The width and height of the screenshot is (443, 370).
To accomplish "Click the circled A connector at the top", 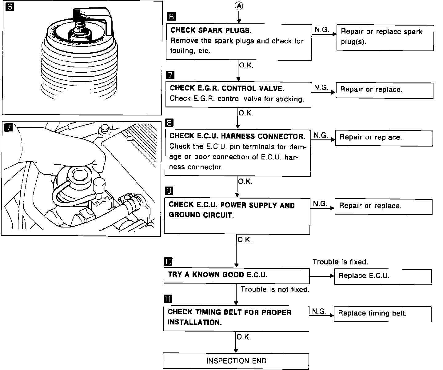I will (x=239, y=6).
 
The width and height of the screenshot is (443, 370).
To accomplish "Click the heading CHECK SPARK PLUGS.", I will (x=211, y=30).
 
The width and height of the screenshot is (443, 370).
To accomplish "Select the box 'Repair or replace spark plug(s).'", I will (x=385, y=37).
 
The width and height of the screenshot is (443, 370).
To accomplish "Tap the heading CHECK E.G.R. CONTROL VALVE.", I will (x=227, y=88).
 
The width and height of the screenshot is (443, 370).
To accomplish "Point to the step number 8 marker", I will (x=169, y=123).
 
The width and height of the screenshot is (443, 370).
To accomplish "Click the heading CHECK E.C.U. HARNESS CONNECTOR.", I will (x=237, y=136).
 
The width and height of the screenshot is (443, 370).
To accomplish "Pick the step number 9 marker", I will (x=169, y=191).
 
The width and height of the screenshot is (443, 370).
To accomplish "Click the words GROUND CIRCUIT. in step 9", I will (x=201, y=215).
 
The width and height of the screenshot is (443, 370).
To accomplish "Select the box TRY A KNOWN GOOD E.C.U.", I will (x=236, y=275).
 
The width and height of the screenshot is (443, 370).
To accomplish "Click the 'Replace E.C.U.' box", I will (x=383, y=276).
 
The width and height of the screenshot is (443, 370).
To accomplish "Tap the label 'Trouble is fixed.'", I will (x=340, y=262).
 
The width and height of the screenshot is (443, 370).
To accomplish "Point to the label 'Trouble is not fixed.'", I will (x=275, y=290).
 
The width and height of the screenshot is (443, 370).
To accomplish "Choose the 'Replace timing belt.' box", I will (x=382, y=314).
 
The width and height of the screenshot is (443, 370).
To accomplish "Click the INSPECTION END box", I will (x=236, y=361).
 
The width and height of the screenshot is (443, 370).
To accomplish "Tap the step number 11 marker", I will (x=168, y=299).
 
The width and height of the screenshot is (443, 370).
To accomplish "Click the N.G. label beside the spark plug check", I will (x=322, y=30).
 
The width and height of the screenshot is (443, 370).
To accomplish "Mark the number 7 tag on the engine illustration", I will (x=9, y=127).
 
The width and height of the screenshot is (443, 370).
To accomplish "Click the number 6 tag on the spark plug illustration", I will (x=10, y=7).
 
